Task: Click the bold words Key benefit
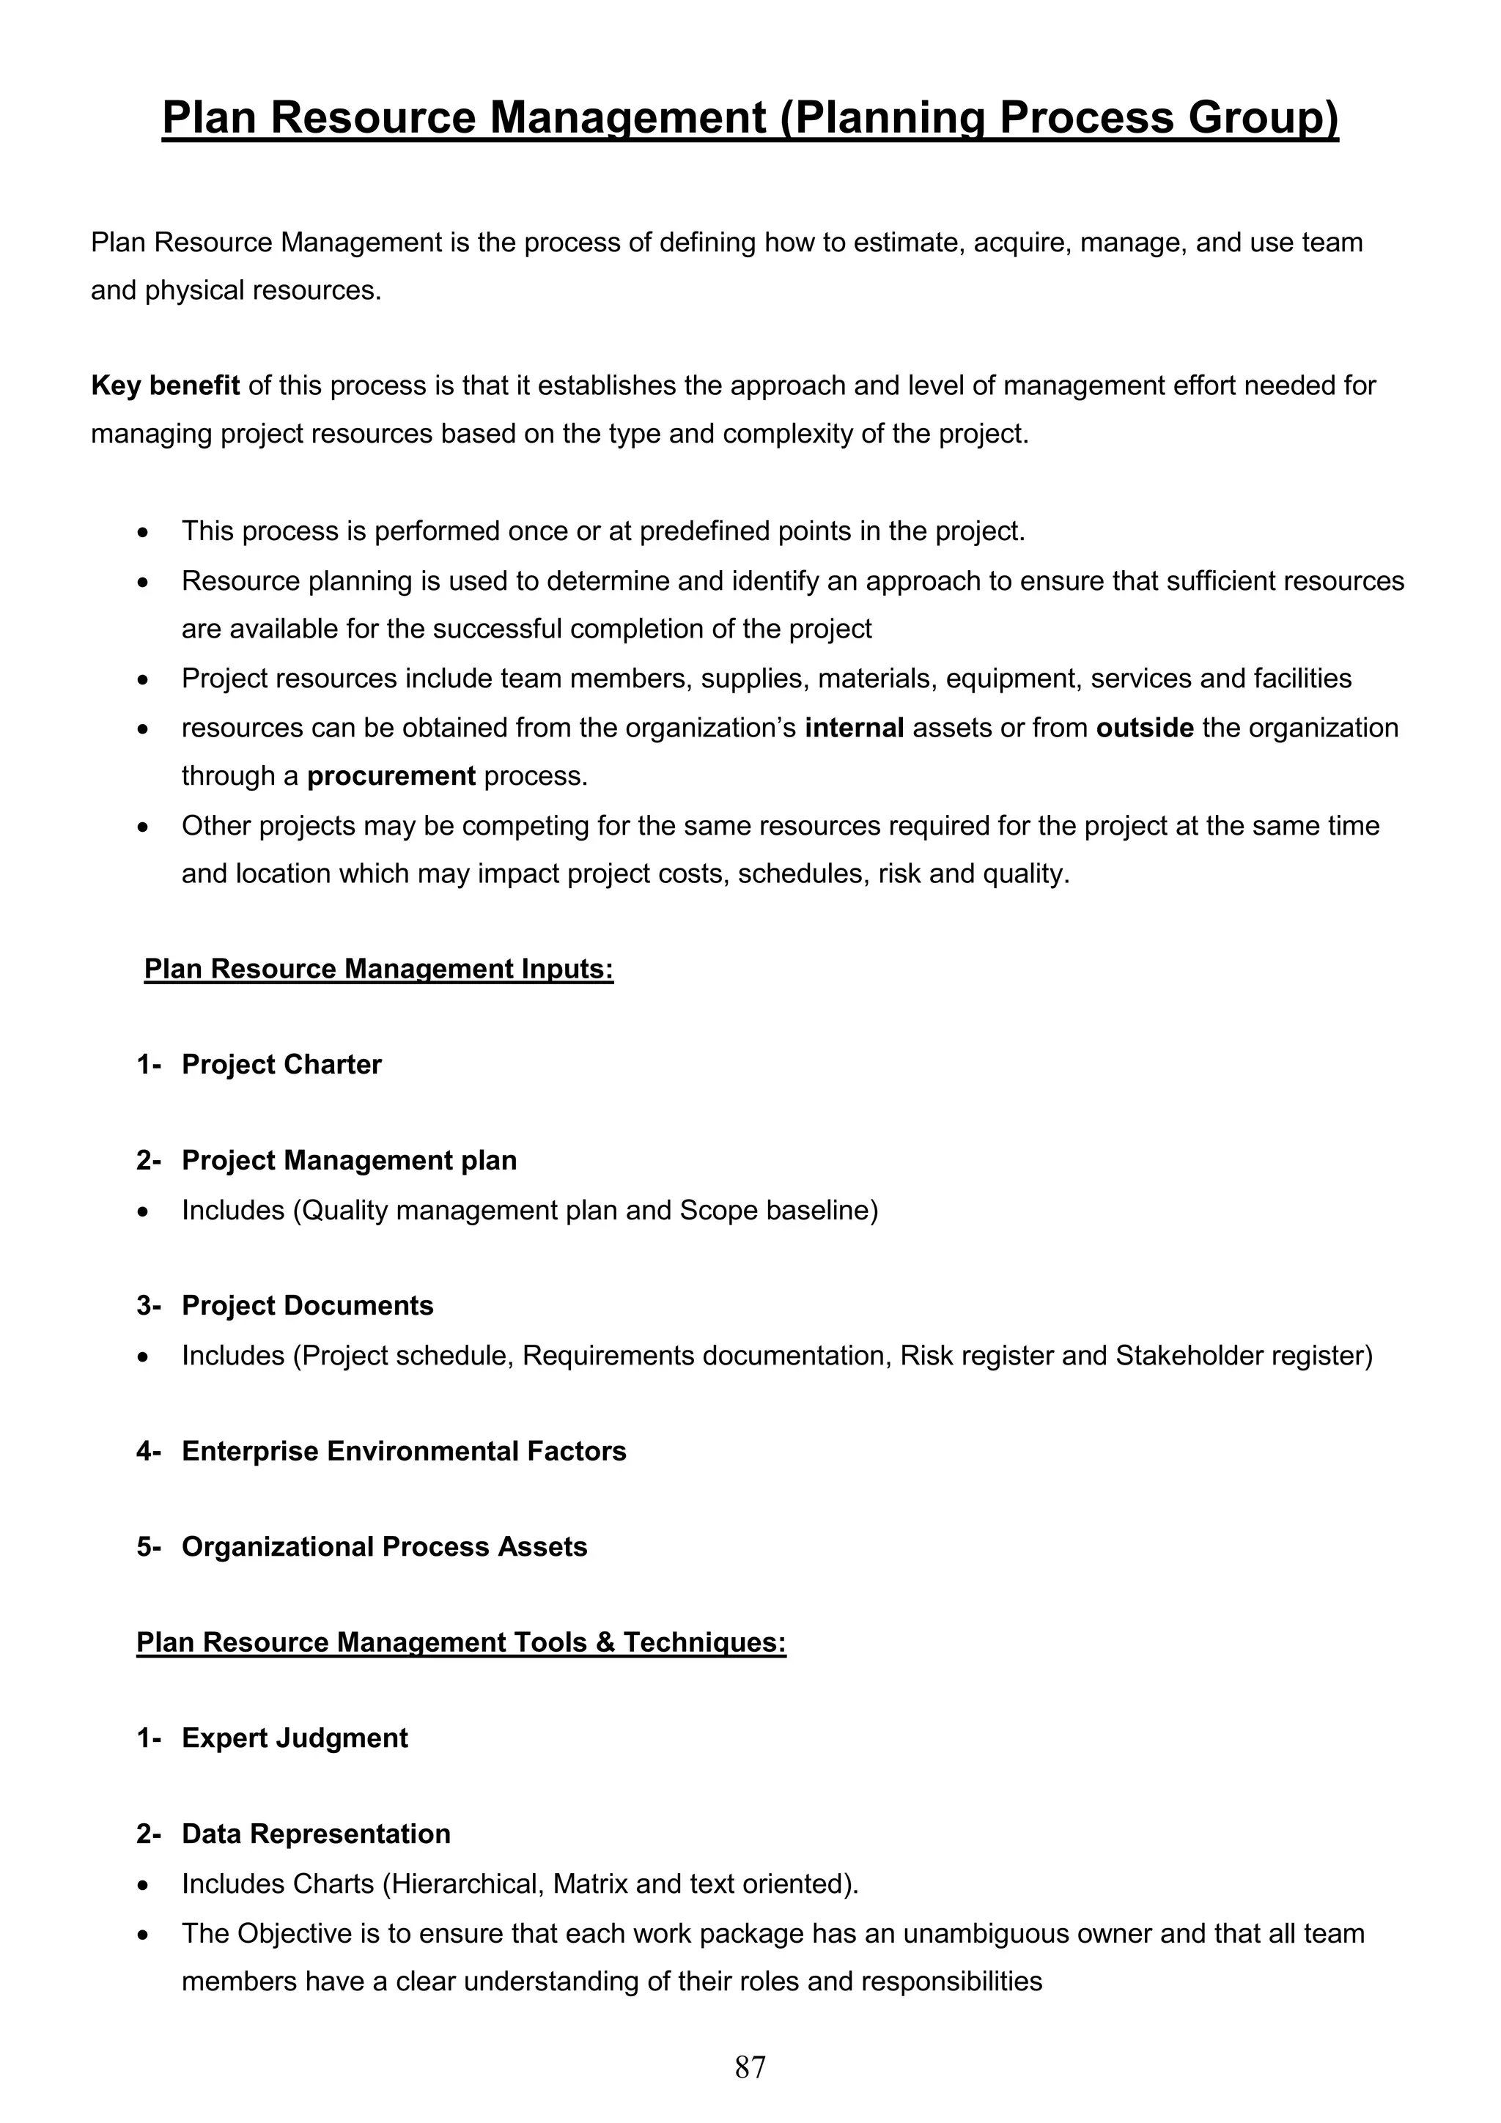point(165,385)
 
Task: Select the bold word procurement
point(391,776)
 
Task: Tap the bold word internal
point(854,728)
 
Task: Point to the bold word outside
point(1144,728)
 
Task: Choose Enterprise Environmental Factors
point(403,1451)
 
